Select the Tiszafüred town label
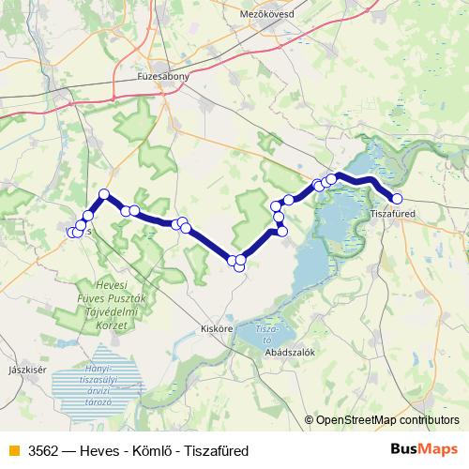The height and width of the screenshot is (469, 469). point(393,214)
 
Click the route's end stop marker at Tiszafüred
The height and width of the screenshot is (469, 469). point(397,199)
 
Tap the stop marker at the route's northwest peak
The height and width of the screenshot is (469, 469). point(104,194)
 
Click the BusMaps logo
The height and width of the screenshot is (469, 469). point(424,449)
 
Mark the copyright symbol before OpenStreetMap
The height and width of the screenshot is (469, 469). point(310,420)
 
